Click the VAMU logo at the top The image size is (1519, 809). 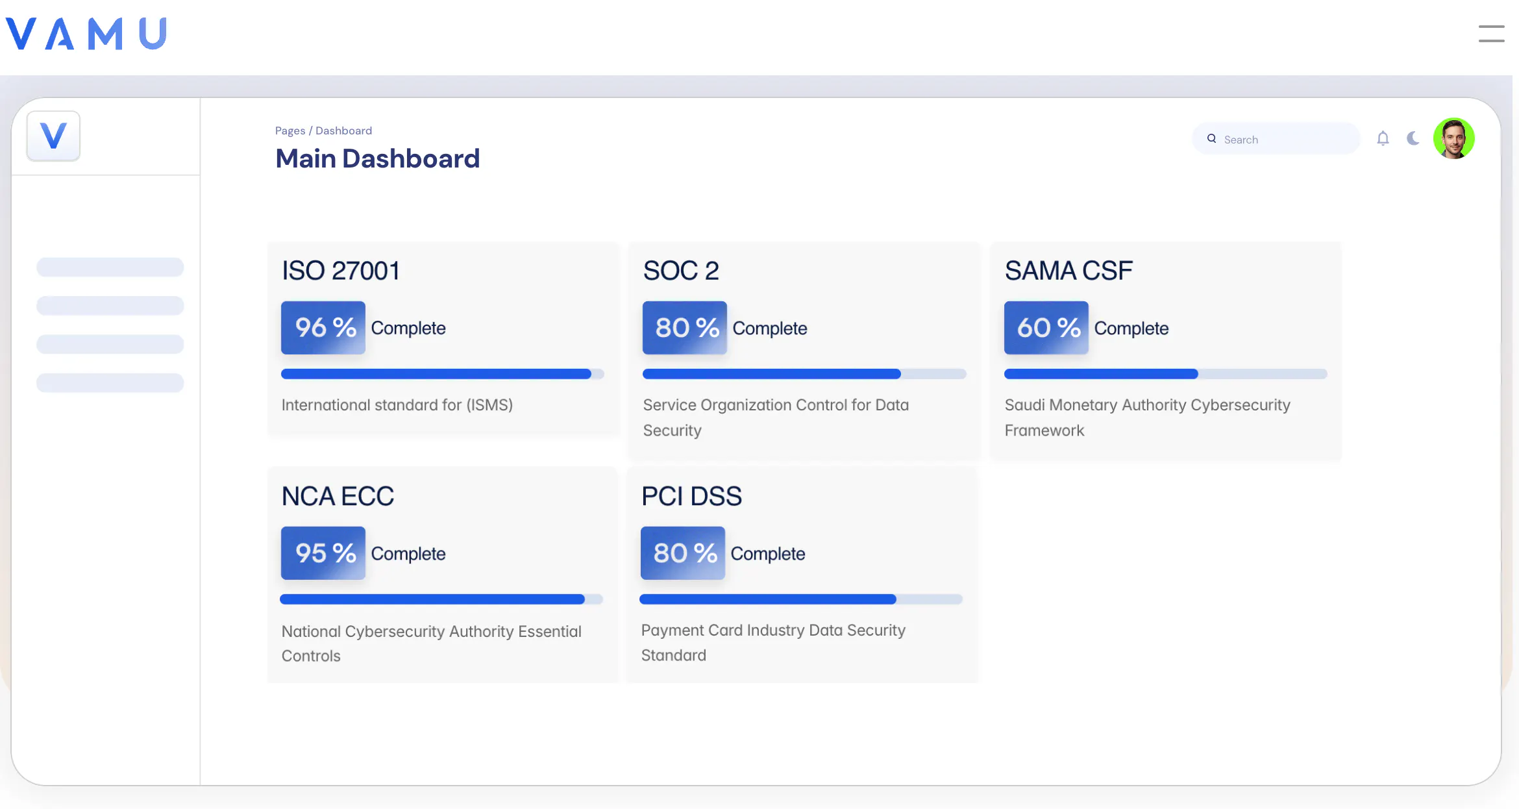coord(86,33)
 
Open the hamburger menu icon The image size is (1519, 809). coord(1491,34)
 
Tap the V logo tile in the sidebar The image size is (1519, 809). coord(53,136)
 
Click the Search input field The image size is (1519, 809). coord(1276,139)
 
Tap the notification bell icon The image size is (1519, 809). coord(1383,138)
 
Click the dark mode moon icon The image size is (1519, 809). coord(1413,138)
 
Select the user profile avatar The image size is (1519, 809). coord(1453,138)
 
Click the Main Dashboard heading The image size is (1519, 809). coord(377,159)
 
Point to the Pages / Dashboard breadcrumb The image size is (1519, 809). coord(323,131)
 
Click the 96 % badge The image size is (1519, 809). coord(323,327)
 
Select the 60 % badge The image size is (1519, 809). coord(1046,327)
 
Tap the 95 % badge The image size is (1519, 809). coord(323,553)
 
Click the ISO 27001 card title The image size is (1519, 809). coord(340,271)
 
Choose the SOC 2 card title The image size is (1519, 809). coord(681,271)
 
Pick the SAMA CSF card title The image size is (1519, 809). coord(1068,271)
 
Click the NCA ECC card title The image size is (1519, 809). coord(338,496)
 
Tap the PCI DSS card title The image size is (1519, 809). coord(691,496)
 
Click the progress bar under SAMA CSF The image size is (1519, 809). coord(1165,374)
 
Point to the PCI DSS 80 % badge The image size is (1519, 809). coord(683,553)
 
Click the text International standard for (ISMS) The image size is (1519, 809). coord(397,405)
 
